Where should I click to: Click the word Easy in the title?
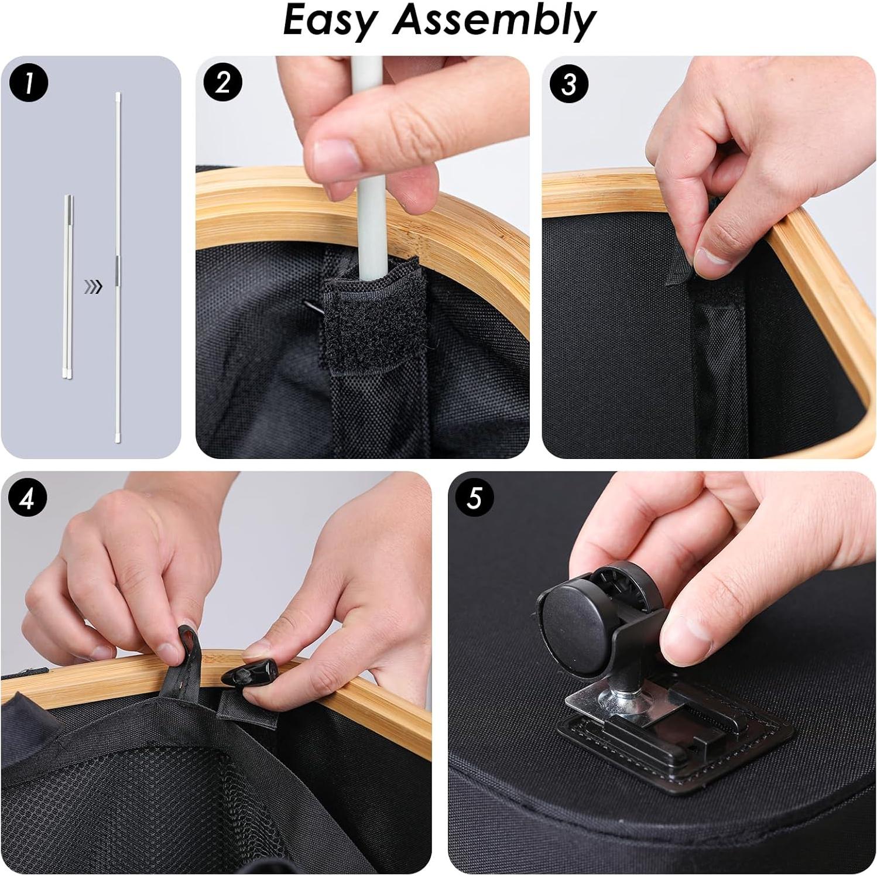pos(331,22)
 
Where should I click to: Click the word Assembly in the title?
pos(495,22)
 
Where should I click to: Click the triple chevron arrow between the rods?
pos(93,286)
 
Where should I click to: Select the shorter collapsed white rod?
pos(68,287)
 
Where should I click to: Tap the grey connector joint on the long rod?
pos(118,266)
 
